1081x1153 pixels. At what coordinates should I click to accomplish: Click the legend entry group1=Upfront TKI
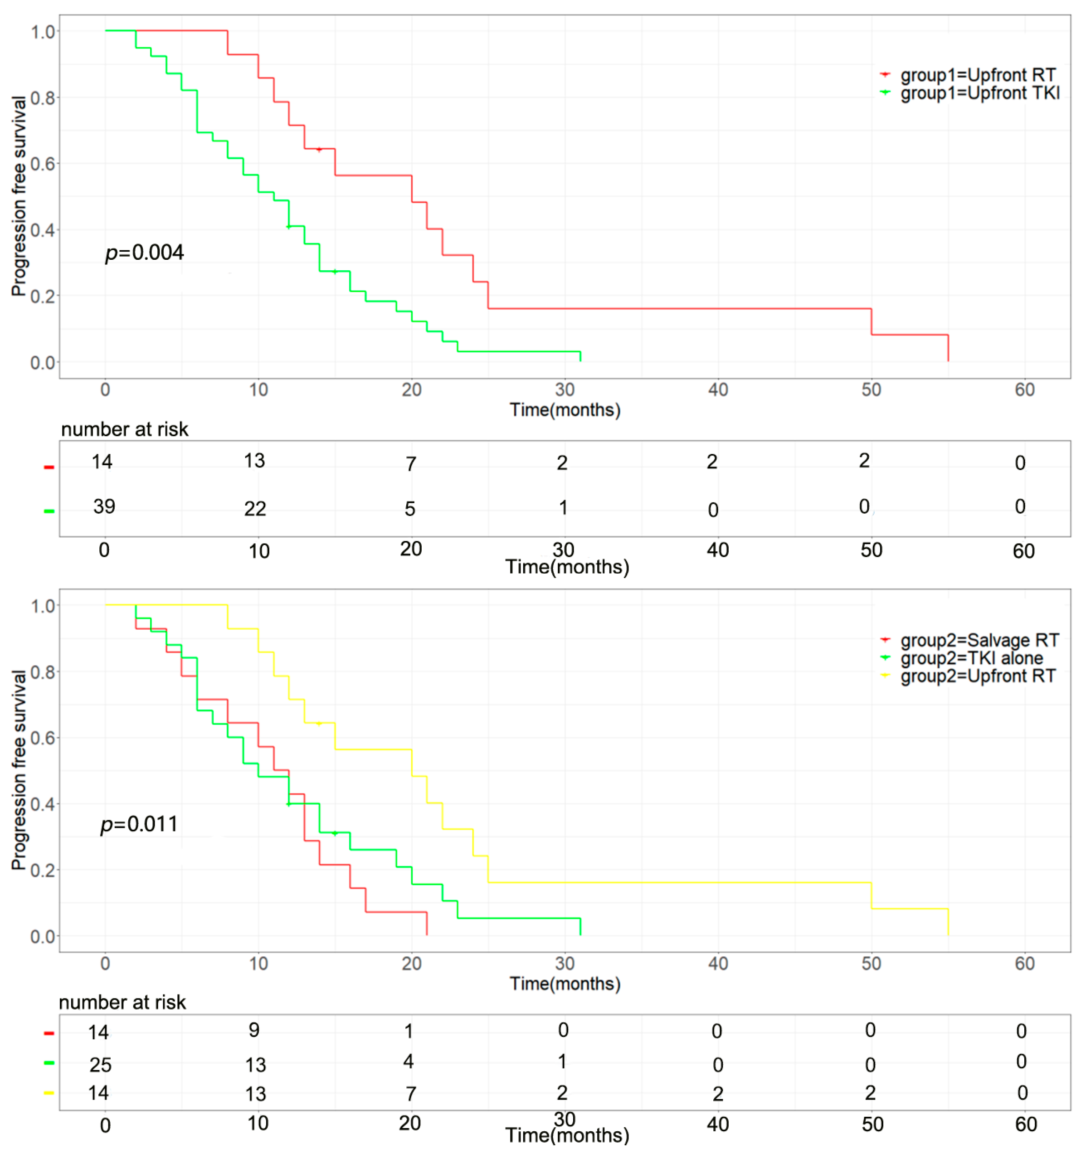click(x=979, y=93)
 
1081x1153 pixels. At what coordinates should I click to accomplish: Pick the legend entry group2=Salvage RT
click(x=979, y=640)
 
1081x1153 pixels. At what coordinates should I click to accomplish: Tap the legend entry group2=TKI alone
click(x=971, y=658)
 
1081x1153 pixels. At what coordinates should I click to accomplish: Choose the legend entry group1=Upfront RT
click(x=978, y=75)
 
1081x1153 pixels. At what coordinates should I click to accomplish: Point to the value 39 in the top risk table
click(x=104, y=506)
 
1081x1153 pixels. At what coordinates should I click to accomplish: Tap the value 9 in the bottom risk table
click(x=254, y=1030)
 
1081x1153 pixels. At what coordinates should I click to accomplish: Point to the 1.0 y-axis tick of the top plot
click(x=43, y=31)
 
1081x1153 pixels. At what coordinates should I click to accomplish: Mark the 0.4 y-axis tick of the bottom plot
click(x=43, y=804)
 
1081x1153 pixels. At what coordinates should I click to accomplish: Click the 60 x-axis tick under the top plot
click(x=1025, y=390)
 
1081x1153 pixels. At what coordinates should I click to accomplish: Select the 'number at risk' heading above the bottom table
click(x=122, y=1002)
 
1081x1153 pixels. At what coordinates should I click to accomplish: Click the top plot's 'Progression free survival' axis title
click(x=19, y=196)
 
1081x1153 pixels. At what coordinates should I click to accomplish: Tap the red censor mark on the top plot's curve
click(x=319, y=150)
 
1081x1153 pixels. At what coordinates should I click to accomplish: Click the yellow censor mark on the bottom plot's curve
click(x=319, y=724)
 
